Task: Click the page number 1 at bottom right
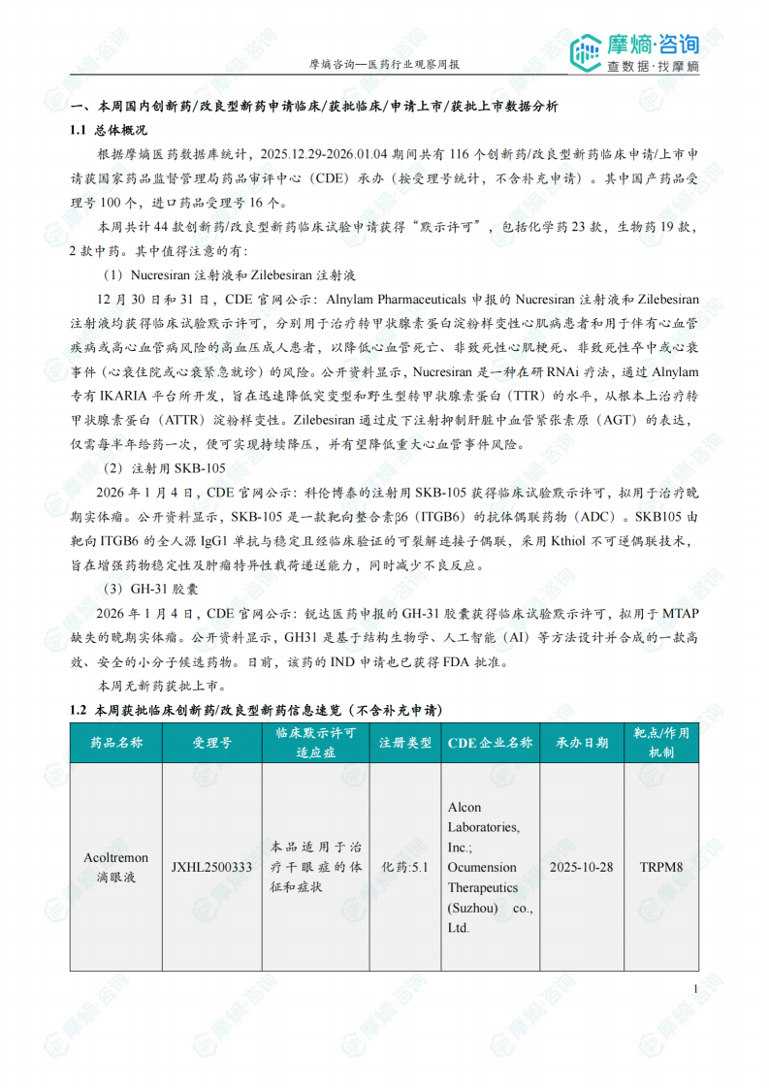pyautogui.click(x=696, y=988)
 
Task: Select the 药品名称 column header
pyautogui.click(x=116, y=743)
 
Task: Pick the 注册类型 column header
pyautogui.click(x=405, y=743)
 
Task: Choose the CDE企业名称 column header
pyautogui.click(x=490, y=743)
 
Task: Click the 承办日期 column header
pyautogui.click(x=582, y=743)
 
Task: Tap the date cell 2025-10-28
pyautogui.click(x=582, y=867)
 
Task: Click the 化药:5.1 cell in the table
pyautogui.click(x=405, y=867)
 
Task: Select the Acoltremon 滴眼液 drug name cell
pyautogui.click(x=116, y=867)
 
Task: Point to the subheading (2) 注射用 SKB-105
pyautogui.click(x=164, y=468)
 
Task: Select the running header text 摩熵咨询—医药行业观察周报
pyautogui.click(x=384, y=64)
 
